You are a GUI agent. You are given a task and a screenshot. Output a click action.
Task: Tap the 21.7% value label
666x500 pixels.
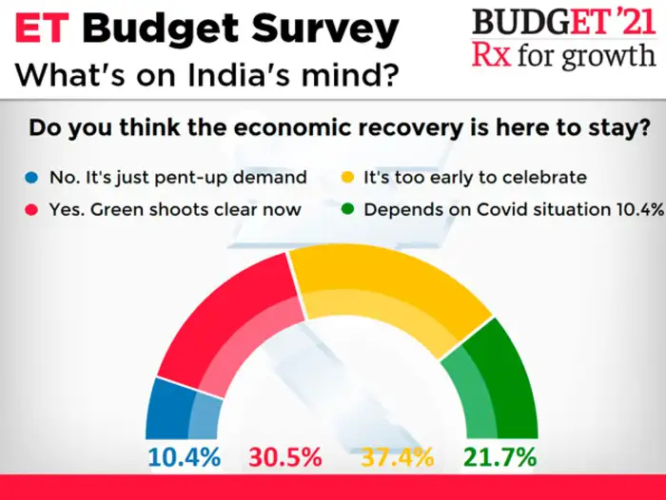[499, 457]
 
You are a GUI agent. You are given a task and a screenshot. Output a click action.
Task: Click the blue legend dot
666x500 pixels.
[34, 178]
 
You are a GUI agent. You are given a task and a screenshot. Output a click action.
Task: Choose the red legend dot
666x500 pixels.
[34, 210]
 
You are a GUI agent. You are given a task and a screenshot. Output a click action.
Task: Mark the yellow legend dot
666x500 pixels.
[349, 178]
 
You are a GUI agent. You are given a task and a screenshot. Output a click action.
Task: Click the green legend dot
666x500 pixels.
[349, 210]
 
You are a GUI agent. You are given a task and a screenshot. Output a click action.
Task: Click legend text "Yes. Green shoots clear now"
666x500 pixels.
[175, 210]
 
